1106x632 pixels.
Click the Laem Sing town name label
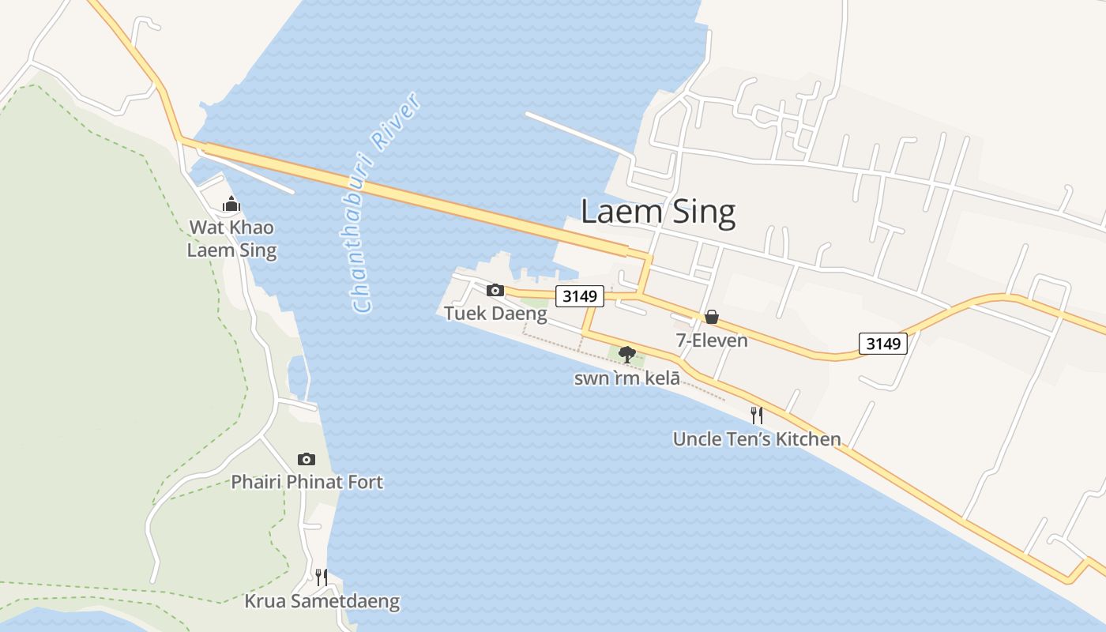click(658, 212)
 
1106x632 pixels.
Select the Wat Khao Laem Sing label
click(231, 239)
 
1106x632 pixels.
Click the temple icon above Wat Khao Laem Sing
click(231, 205)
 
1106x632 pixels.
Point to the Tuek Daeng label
click(495, 314)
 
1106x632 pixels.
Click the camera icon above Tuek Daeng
click(495, 290)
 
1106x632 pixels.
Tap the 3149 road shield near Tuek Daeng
click(580, 296)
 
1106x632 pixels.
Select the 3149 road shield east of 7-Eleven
click(882, 343)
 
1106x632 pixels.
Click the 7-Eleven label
click(711, 340)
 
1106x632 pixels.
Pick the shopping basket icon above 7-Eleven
click(711, 317)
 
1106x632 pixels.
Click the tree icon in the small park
click(627, 354)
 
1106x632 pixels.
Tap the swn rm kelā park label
click(627, 378)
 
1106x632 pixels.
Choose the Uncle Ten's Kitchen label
click(757, 439)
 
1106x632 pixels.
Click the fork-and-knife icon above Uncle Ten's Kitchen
click(757, 415)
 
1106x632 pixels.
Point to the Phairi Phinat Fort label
click(307, 482)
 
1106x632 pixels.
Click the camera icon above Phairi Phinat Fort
click(307, 459)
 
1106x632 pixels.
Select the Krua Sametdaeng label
click(322, 602)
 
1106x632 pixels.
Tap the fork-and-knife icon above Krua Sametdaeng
click(322, 577)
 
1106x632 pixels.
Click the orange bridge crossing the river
click(411, 196)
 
